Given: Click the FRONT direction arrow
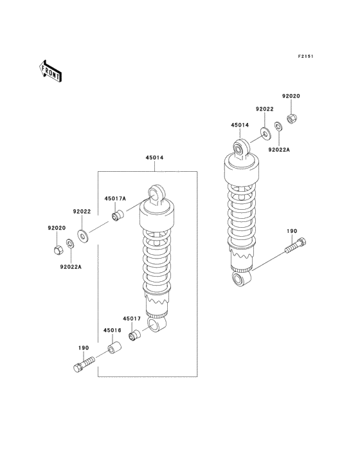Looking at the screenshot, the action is (x=50, y=71).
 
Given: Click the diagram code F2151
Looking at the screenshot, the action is (x=305, y=56).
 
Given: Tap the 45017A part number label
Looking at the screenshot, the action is (x=115, y=199).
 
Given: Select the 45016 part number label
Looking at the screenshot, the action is (x=113, y=331).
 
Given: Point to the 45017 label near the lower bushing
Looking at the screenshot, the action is (x=131, y=319).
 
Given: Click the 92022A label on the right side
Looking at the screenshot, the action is (x=279, y=149).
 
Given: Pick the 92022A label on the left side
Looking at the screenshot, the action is (x=71, y=266).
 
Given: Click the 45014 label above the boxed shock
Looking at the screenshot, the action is (x=154, y=158).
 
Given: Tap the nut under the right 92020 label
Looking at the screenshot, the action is (x=291, y=118).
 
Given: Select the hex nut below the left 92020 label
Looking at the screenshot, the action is (x=58, y=250).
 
